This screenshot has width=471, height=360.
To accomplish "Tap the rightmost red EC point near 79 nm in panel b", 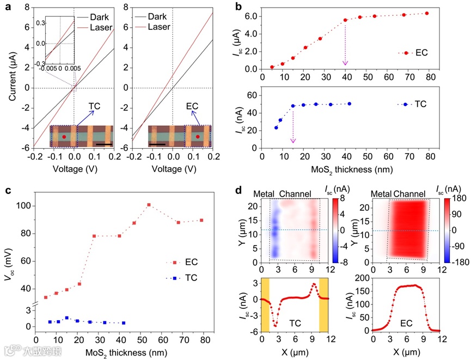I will (426, 13).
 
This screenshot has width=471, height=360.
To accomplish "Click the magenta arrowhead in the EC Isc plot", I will (345, 64).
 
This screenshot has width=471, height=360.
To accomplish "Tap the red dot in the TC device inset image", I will (64, 137).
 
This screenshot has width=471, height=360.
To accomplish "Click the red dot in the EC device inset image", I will (198, 137).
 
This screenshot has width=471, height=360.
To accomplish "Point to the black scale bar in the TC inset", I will (104, 144).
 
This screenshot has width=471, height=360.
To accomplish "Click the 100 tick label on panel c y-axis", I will (23, 206).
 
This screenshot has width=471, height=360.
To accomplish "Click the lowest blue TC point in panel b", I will (276, 127).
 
